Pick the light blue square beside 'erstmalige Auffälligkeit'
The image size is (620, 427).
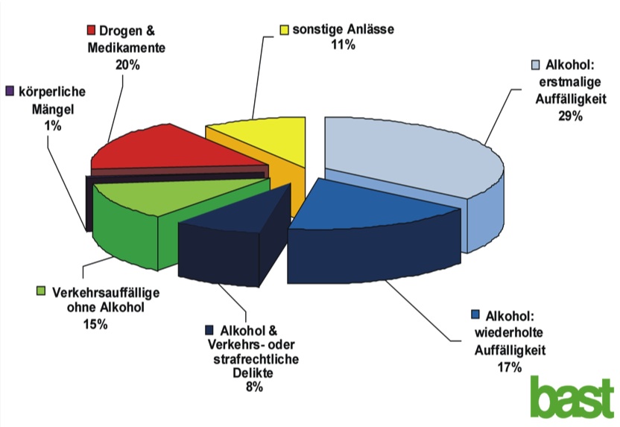534,66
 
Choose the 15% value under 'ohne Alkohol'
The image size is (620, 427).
96,323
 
